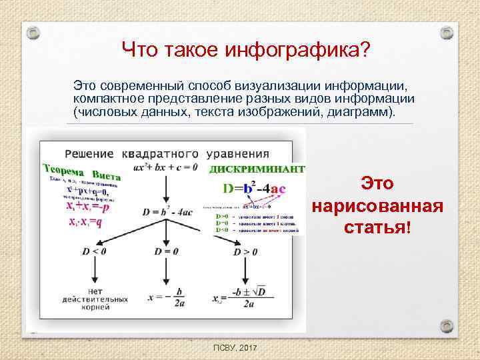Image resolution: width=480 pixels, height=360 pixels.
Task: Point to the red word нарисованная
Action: tap(377, 205)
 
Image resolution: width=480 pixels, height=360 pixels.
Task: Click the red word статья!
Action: tap(377, 227)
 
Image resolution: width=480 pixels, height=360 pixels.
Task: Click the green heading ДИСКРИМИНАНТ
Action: tap(257, 169)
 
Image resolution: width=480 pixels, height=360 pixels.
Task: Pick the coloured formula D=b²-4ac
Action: tap(254, 189)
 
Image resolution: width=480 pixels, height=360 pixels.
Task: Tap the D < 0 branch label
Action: tap(94, 251)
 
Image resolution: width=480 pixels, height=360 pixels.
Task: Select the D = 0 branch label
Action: tap(167, 251)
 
